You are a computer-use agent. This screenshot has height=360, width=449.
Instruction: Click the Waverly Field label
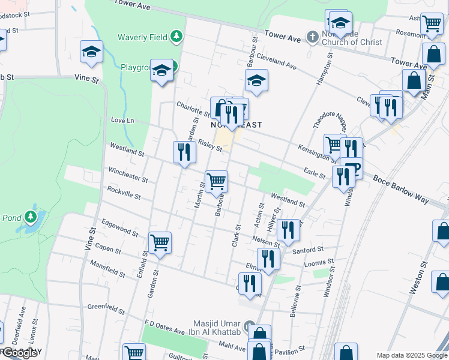[142, 37]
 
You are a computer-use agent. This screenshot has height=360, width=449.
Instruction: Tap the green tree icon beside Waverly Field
[176, 37]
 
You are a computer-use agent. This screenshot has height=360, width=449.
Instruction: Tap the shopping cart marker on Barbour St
[216, 181]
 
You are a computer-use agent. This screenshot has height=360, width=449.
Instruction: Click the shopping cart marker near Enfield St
[160, 243]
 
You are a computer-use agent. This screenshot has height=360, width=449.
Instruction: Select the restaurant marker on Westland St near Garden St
[184, 152]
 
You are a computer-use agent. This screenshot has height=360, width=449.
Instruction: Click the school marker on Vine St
[92, 52]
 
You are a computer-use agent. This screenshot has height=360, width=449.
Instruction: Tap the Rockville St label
[124, 193]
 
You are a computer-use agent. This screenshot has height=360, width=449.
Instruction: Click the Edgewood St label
[120, 229]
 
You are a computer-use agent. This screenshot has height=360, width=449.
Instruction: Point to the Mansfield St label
[107, 268]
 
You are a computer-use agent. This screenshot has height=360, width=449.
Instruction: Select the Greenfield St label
[105, 308]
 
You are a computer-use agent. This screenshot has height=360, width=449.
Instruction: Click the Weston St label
[418, 277]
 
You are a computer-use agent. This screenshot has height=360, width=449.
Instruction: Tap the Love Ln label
[122, 121]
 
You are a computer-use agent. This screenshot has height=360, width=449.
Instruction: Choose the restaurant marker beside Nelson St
[288, 230]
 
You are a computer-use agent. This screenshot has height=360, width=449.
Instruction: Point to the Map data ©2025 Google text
[412, 355]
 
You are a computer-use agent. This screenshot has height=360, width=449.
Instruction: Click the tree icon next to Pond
[30, 217]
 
